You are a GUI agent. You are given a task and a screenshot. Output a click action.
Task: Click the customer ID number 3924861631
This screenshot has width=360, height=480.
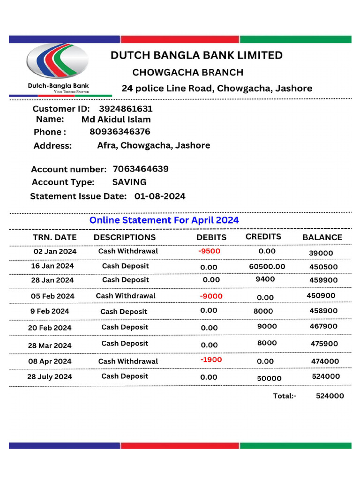(x=126, y=109)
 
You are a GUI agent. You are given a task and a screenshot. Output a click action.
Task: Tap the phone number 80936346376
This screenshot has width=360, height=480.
(x=120, y=132)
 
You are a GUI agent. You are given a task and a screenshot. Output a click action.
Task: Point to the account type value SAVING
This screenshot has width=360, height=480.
(x=129, y=182)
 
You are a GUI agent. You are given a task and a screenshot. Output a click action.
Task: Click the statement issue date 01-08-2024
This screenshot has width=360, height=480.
(x=160, y=196)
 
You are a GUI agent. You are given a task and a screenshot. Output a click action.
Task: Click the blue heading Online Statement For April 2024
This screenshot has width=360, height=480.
(x=164, y=220)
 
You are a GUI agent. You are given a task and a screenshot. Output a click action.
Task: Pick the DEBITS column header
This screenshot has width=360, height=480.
(x=211, y=237)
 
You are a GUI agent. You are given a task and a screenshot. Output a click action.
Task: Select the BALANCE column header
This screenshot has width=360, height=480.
(x=322, y=237)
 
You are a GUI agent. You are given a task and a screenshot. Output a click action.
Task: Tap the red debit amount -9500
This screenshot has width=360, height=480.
(x=209, y=251)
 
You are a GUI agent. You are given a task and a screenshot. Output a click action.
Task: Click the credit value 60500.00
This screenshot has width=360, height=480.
(x=267, y=266)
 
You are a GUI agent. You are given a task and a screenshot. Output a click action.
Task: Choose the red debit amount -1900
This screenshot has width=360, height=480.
(x=211, y=360)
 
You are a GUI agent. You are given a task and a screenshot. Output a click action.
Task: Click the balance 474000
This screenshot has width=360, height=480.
(x=325, y=361)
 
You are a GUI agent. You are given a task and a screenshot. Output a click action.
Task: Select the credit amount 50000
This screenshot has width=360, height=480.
(x=270, y=378)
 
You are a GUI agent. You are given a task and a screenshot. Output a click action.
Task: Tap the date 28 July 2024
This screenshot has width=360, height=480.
(x=50, y=376)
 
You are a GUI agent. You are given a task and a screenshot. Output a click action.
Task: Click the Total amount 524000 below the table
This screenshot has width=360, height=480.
(x=330, y=396)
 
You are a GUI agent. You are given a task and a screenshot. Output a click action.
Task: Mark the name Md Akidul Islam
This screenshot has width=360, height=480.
(x=116, y=120)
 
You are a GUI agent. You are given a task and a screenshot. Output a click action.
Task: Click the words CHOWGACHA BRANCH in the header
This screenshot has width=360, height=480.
(x=188, y=72)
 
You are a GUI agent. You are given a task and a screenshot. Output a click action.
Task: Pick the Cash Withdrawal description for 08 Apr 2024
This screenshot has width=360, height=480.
(x=128, y=361)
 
